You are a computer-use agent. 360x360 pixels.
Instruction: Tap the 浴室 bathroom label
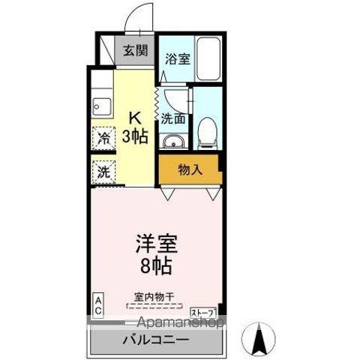coord(178,59)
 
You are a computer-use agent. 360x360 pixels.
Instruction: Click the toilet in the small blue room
coord(206,134)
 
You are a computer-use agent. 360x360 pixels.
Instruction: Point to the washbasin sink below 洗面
coord(173,142)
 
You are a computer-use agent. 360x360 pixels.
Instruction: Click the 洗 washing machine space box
coord(100,171)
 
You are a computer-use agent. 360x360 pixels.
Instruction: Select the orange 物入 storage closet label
coord(190,169)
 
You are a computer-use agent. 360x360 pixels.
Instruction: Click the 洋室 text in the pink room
coord(155,244)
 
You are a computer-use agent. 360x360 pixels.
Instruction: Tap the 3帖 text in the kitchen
coord(135,136)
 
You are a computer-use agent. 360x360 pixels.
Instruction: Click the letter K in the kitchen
coord(135,118)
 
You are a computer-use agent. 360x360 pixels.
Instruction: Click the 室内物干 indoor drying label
coord(154,297)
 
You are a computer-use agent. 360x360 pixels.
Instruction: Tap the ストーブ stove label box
coord(203,311)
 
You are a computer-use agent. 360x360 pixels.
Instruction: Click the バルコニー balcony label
coord(155,339)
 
